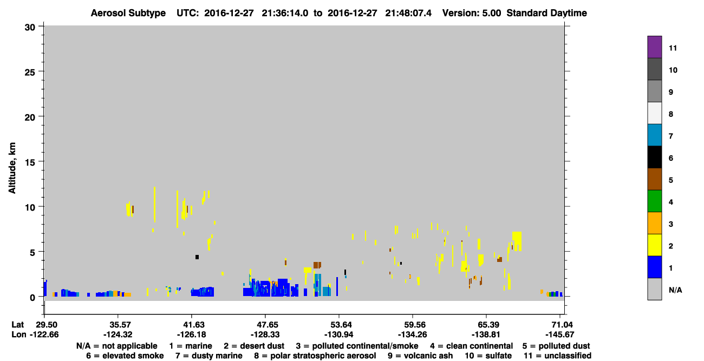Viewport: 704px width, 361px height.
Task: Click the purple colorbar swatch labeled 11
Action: (x=654, y=47)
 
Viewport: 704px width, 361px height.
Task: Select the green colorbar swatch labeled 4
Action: (x=654, y=201)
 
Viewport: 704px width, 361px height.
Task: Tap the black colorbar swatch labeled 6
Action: (x=654, y=157)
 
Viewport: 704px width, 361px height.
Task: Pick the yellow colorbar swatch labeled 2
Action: (x=654, y=245)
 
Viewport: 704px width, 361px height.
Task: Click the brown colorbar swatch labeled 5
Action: (x=654, y=179)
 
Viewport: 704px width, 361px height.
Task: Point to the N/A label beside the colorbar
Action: (x=675, y=290)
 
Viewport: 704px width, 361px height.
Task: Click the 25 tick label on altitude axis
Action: (x=30, y=73)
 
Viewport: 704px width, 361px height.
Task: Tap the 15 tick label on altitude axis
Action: (x=30, y=162)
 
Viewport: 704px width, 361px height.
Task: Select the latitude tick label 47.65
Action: (x=265, y=325)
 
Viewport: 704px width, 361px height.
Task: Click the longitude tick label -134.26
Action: (x=412, y=334)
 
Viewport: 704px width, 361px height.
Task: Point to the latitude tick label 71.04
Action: (x=560, y=325)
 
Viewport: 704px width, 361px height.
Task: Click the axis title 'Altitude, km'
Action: (x=12, y=168)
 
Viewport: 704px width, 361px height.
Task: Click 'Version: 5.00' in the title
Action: (x=472, y=13)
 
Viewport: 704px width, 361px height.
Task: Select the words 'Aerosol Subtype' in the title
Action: (x=128, y=13)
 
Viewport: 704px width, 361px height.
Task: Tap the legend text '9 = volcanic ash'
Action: (x=420, y=356)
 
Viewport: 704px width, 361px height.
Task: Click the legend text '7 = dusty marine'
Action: (x=209, y=356)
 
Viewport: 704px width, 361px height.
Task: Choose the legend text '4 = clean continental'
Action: (x=472, y=346)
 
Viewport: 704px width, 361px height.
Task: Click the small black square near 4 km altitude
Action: (x=197, y=257)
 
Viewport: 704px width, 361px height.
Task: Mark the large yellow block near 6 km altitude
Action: (x=517, y=241)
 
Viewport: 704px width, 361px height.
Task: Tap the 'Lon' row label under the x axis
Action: (x=19, y=334)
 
